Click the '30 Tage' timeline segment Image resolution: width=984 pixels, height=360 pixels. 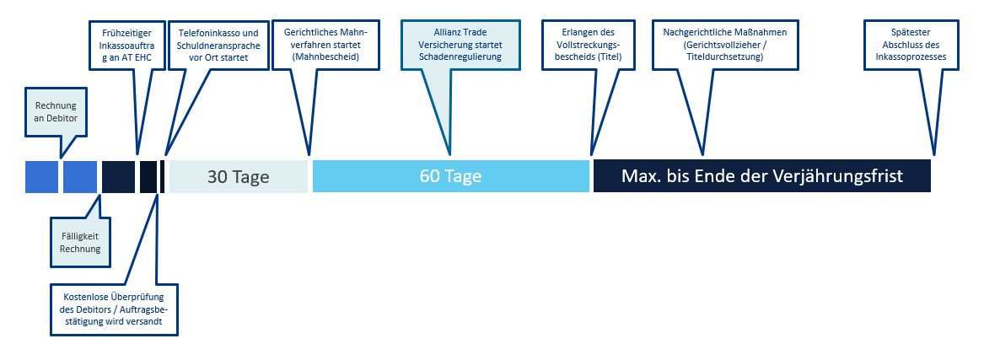(239, 177)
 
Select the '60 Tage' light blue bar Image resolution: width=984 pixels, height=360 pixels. (450, 177)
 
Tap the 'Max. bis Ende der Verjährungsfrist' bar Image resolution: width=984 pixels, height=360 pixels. (762, 176)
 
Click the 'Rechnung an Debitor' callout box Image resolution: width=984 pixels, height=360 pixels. (55, 111)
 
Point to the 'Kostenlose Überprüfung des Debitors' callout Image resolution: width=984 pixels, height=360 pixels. (114, 309)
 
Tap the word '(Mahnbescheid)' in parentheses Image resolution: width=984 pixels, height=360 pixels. (325, 57)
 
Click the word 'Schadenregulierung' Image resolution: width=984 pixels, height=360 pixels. (460, 57)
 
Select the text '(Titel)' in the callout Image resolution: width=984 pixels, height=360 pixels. (610, 57)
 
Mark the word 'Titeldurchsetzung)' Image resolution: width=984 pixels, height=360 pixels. (724, 57)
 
